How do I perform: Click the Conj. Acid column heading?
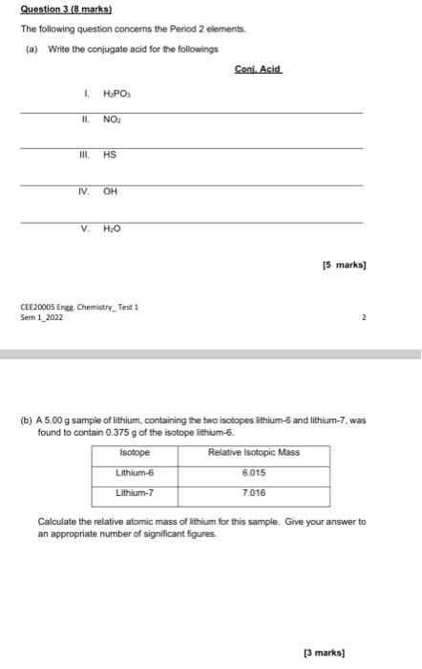[258, 70]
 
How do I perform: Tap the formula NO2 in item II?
[112, 122]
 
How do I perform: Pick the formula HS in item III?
[110, 155]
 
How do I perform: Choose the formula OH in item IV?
[110, 191]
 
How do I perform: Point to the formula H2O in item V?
[112, 229]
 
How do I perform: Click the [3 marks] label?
[323, 653]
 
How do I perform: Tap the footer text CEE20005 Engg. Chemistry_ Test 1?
[79, 307]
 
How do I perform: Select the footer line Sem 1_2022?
[41, 316]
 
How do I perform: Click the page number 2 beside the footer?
[364, 316]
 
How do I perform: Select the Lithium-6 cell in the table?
[135, 472]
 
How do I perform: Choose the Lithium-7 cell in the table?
[135, 493]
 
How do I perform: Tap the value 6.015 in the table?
[254, 472]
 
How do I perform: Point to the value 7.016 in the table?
[254, 493]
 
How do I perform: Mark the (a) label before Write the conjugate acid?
[32, 48]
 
